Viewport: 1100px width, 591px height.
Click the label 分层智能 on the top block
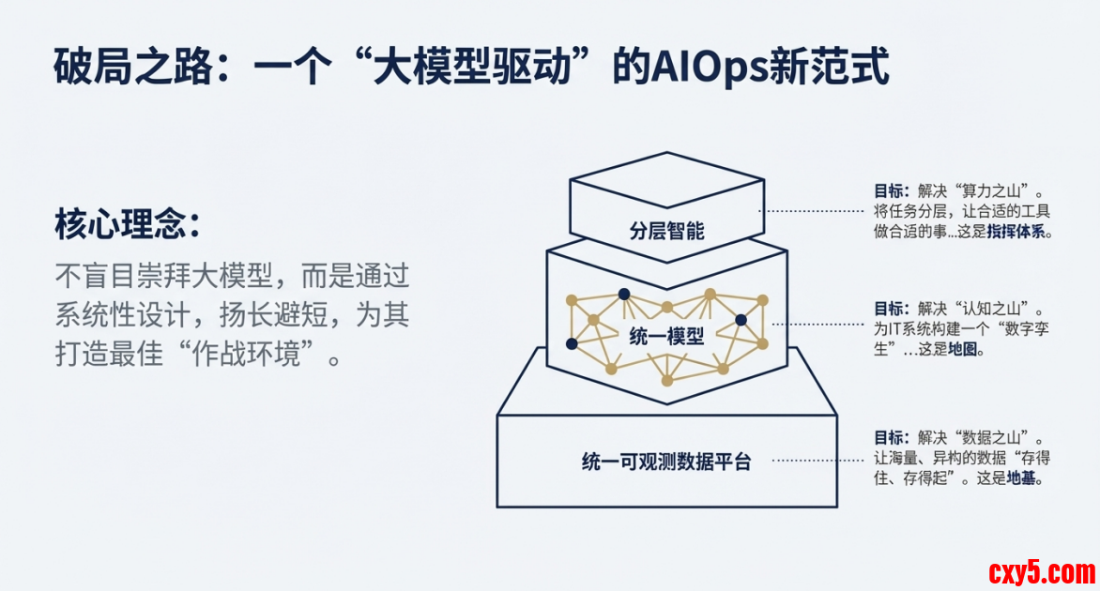pyautogui.click(x=666, y=230)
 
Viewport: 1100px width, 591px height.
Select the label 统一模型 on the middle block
pyautogui.click(x=666, y=337)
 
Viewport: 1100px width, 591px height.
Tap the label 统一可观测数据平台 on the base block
pyautogui.click(x=666, y=462)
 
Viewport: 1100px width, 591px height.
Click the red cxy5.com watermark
pyautogui.click(x=1041, y=571)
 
